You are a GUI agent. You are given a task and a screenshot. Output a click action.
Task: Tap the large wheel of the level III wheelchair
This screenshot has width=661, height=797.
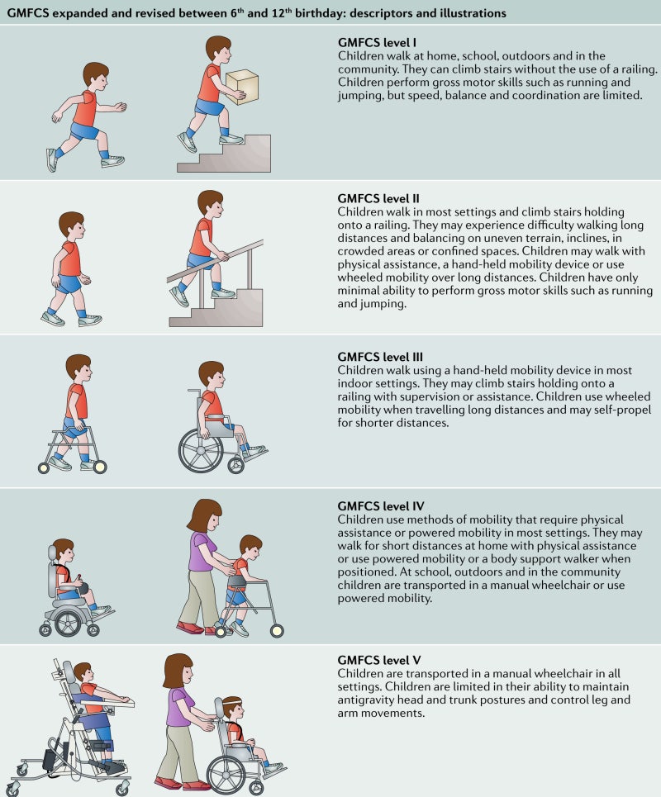pyautogui.click(x=202, y=448)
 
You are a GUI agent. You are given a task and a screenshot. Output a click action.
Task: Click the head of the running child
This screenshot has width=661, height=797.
pyautogui.click(x=95, y=77)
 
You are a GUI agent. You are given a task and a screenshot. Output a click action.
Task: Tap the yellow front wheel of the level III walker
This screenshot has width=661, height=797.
pyautogui.click(x=101, y=467)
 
